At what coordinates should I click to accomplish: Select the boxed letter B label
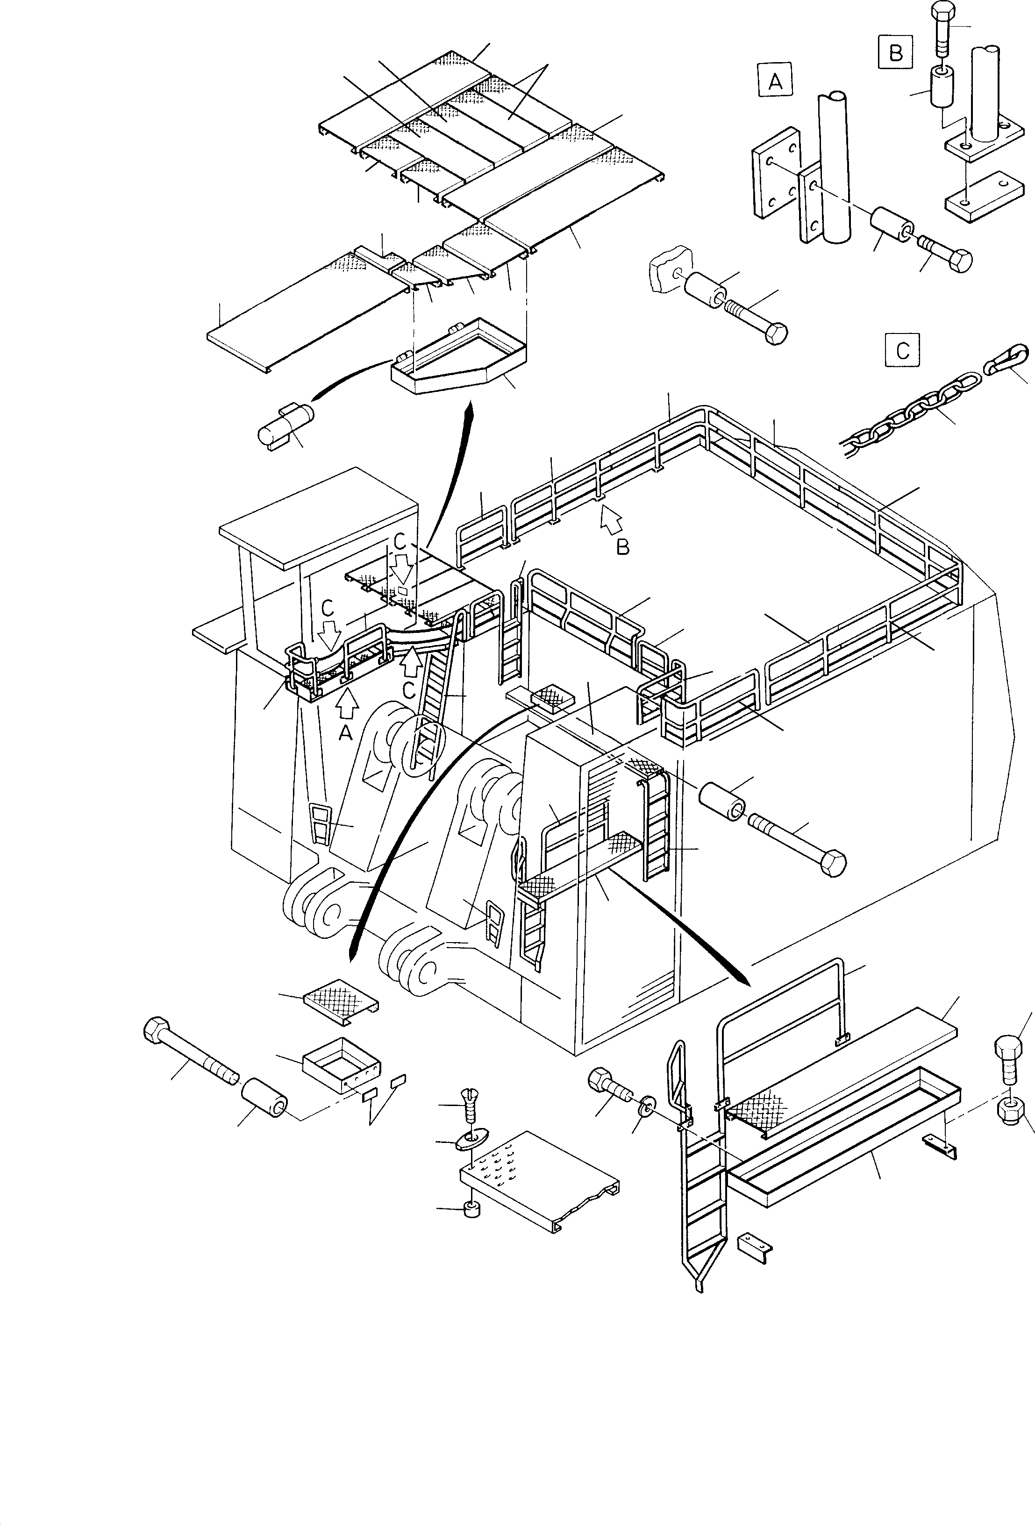point(895,52)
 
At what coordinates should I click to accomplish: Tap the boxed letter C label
point(902,350)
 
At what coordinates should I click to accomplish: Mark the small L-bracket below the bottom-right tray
point(754,1241)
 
